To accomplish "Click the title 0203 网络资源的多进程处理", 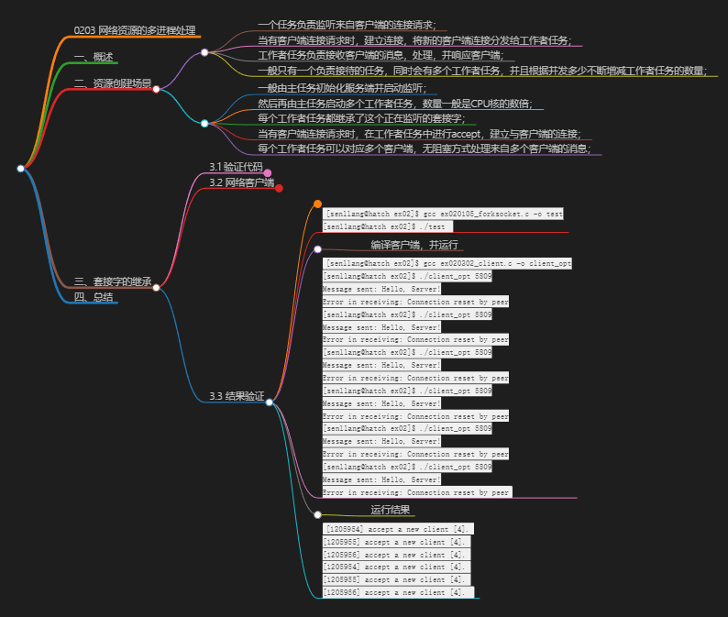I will [135, 30].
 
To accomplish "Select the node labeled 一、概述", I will [94, 57].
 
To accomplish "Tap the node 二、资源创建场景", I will [112, 83].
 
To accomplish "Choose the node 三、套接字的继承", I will [112, 281].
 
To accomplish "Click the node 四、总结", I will [94, 296].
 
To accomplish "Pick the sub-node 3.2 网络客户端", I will [241, 182].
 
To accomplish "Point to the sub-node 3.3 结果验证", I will [237, 396].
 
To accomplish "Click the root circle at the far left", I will [20, 168].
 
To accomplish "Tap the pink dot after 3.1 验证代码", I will [268, 172].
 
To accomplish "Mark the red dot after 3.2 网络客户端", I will [279, 188].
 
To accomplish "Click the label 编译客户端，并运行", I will [414, 245].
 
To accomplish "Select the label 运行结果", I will [390, 510].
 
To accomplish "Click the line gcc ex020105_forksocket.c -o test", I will [444, 214].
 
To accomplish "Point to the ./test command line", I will [388, 226].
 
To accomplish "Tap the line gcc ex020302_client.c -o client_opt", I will [448, 263].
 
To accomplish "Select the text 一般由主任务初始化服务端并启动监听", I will [342, 88].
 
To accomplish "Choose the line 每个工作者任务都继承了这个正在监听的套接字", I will [361, 118].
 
